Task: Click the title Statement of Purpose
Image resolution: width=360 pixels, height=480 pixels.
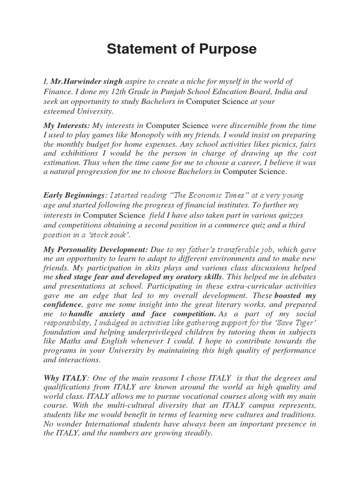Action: (181, 50)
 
